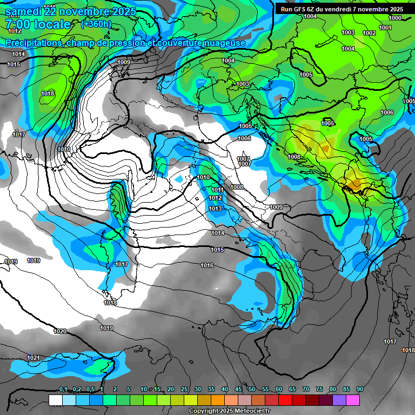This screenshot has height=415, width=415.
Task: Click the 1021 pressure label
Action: coord(34,358)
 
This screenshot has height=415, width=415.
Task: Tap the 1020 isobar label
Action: coord(61,331)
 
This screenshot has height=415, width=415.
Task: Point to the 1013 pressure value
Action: coord(215,209)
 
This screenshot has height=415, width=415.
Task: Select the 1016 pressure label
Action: coord(207,265)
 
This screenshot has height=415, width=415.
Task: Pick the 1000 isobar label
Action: coord(395,18)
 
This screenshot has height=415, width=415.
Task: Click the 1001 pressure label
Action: coord(385,28)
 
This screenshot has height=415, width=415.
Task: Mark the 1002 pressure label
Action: coord(369,33)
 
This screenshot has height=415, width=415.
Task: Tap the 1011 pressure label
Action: coord(217,190)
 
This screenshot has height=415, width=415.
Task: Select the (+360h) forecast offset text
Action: coord(96,24)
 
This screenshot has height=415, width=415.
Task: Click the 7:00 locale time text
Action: coord(37,24)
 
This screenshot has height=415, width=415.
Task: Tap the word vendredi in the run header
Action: coord(345,9)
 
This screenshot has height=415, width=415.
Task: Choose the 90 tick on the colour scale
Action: coord(359,389)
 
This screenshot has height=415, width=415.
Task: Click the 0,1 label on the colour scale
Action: coord(63,389)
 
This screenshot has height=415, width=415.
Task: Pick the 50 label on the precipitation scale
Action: coord(252,389)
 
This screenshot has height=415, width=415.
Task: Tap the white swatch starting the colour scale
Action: coord(55,400)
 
